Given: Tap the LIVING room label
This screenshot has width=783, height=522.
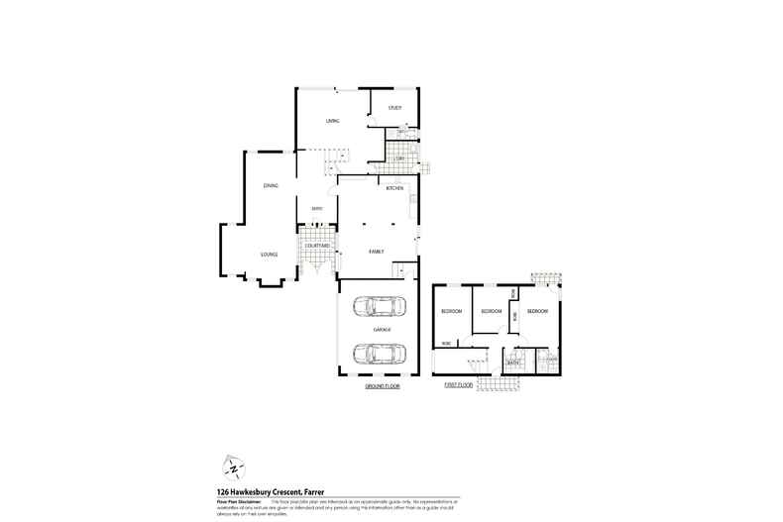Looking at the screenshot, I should click(x=333, y=121).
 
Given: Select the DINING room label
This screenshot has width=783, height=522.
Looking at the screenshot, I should click(x=271, y=185).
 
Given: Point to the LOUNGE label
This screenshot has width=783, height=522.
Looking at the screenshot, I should click(x=269, y=255).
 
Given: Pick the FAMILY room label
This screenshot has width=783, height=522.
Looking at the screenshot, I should click(x=377, y=252).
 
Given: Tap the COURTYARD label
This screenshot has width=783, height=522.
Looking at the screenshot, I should click(x=317, y=246).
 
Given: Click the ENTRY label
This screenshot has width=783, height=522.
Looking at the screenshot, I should click(x=317, y=208).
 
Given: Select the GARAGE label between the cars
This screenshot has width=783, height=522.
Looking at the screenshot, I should click(x=382, y=329).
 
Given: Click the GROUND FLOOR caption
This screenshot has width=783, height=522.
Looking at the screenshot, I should click(x=382, y=386).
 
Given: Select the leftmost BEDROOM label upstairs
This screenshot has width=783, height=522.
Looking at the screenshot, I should click(x=452, y=311).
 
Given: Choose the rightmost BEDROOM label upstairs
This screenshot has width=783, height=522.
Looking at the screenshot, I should click(x=538, y=311).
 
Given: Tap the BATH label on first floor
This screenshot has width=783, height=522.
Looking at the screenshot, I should click(x=513, y=363).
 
